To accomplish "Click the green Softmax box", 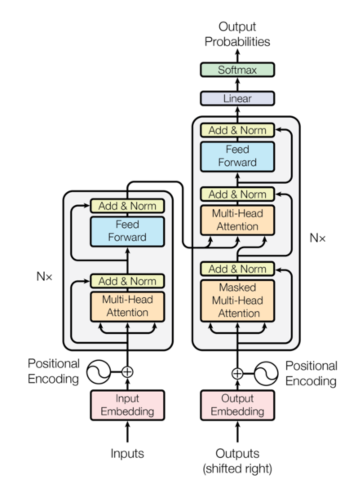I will pos(237,70).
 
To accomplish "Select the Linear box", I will pos(237,99).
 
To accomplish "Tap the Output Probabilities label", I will pos(237,34).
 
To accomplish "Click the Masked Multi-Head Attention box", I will pos(237,300).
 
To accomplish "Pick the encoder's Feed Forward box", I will pos(127,231).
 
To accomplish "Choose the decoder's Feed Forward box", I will pos(237,156).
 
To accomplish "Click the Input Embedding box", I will pos(127,405).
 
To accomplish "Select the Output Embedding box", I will pos(237,405).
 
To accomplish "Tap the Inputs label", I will pos(127,453).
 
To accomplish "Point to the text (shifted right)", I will pos(237,469).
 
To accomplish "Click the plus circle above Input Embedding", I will pos(128,371).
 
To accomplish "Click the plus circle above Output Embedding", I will pos(237,373).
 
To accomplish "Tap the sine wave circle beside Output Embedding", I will pos(266,373).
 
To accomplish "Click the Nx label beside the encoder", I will pos(44,277).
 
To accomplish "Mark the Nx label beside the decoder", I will pos(318,238).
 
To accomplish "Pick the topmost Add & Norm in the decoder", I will pos(237,130).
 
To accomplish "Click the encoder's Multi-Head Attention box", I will pos(127,307).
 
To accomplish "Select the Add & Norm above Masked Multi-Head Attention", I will pos(237,269).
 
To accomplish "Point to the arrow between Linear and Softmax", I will pos(237,84).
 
